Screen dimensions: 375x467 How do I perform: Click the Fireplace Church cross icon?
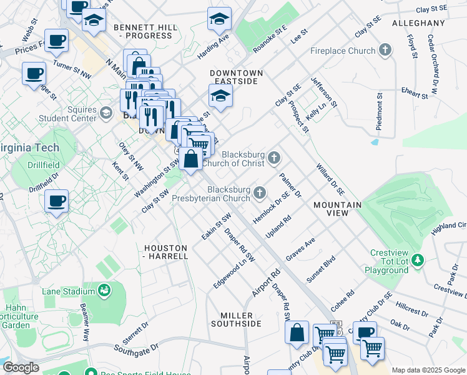pyautogui.click(x=386, y=49)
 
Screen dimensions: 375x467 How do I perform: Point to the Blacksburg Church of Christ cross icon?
pyautogui.click(x=275, y=159)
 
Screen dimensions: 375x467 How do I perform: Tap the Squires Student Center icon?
pyautogui.click(x=106, y=113)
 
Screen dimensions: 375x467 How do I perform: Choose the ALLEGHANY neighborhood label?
pyautogui.click(x=418, y=23)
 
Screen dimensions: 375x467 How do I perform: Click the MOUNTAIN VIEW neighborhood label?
pyautogui.click(x=338, y=209)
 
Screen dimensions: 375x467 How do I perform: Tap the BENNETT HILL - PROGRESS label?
pyautogui.click(x=143, y=31)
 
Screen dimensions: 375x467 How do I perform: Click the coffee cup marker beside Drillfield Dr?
pyautogui.click(x=56, y=201)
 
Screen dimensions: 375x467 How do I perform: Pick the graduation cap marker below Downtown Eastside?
pyautogui.click(x=220, y=96)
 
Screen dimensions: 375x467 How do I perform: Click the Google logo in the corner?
pyautogui.click(x=21, y=367)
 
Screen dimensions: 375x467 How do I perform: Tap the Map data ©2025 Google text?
pyautogui.click(x=427, y=370)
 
